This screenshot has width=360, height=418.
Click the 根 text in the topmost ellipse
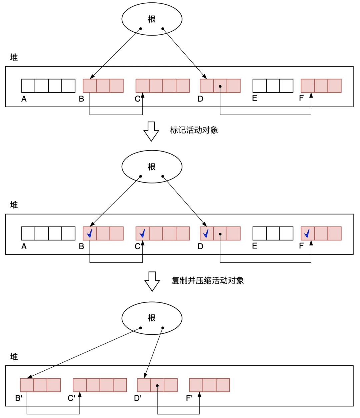(152, 19)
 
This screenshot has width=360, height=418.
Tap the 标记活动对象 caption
(194, 130)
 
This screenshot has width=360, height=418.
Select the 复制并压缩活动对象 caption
(208, 280)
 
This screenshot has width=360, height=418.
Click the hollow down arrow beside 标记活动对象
(151, 131)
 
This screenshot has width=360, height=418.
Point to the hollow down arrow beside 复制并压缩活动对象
(152, 281)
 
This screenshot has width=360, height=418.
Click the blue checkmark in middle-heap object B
(90, 233)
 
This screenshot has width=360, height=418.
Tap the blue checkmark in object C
(143, 233)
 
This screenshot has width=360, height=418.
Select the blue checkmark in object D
(206, 233)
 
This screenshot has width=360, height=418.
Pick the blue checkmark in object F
(307, 233)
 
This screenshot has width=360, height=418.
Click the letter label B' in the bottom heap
(19, 398)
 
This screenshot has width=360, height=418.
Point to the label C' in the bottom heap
(71, 398)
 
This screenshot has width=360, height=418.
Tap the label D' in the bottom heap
(138, 398)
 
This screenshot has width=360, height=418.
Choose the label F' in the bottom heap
(189, 398)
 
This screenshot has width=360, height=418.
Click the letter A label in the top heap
(24, 99)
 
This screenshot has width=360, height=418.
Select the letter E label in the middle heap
(255, 246)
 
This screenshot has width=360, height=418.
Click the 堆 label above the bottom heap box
(14, 357)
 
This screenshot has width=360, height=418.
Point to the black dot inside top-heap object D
(220, 87)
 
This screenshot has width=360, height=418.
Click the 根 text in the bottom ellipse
(152, 318)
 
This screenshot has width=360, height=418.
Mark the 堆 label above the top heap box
(14, 57)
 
